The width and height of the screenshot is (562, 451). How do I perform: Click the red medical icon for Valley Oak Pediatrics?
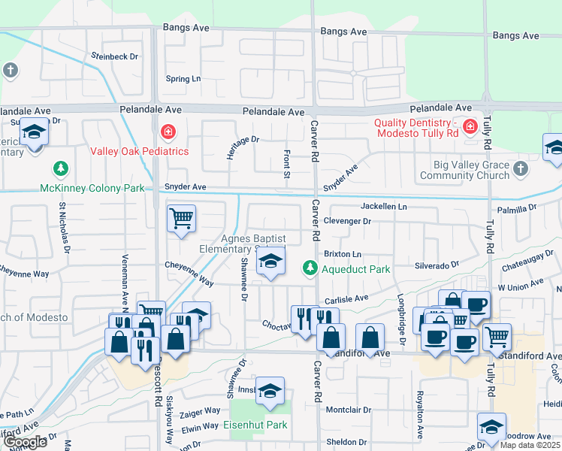pyautogui.click(x=168, y=133)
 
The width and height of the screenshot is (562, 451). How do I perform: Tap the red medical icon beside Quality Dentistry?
pyautogui.click(x=470, y=126)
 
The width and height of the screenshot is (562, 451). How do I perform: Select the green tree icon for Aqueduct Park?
pyautogui.click(x=309, y=268)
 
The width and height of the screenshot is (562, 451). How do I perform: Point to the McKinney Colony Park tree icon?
pyautogui.click(x=59, y=169)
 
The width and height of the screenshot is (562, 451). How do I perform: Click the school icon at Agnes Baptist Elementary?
pyautogui.click(x=270, y=261)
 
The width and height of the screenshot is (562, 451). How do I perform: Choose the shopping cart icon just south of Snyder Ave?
pyautogui.click(x=181, y=219)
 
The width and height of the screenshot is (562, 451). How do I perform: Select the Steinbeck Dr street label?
pyautogui.click(x=115, y=56)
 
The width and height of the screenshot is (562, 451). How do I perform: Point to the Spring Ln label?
pyautogui.click(x=183, y=79)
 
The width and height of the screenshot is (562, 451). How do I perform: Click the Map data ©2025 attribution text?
pyautogui.click(x=530, y=445)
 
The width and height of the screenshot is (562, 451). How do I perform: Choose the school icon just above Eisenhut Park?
pyautogui.click(x=270, y=390)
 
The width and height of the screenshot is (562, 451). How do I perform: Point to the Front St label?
pyautogui.click(x=287, y=163)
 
